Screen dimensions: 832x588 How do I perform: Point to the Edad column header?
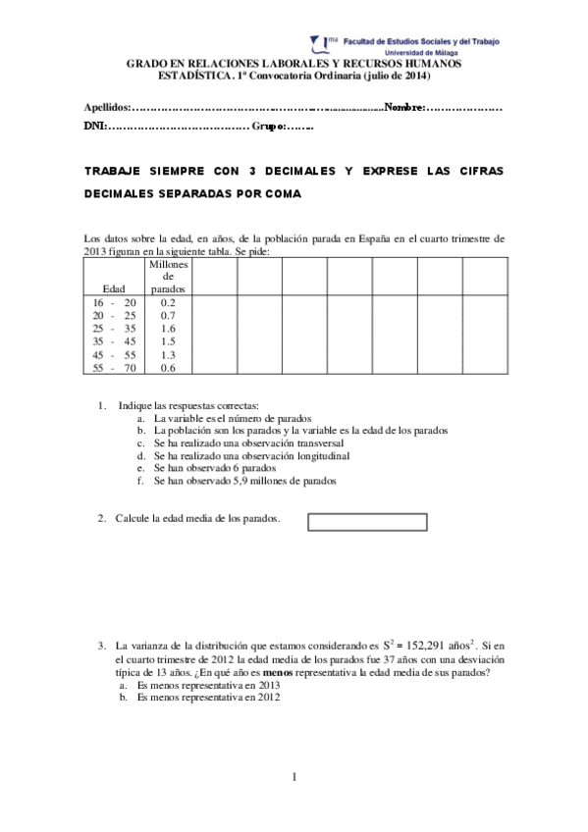[x=113, y=288]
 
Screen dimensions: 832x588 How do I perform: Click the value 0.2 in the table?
[x=167, y=303]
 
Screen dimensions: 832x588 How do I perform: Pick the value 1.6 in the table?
[x=167, y=329]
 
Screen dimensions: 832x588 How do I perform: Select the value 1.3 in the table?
[x=167, y=354]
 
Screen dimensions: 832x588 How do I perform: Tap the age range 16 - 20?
[x=113, y=303]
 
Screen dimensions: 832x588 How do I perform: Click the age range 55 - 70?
[x=113, y=368]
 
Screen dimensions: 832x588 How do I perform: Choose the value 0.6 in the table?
[x=167, y=368]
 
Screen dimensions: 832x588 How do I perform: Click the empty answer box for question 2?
[x=367, y=521]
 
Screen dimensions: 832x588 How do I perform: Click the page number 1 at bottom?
[x=294, y=778]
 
